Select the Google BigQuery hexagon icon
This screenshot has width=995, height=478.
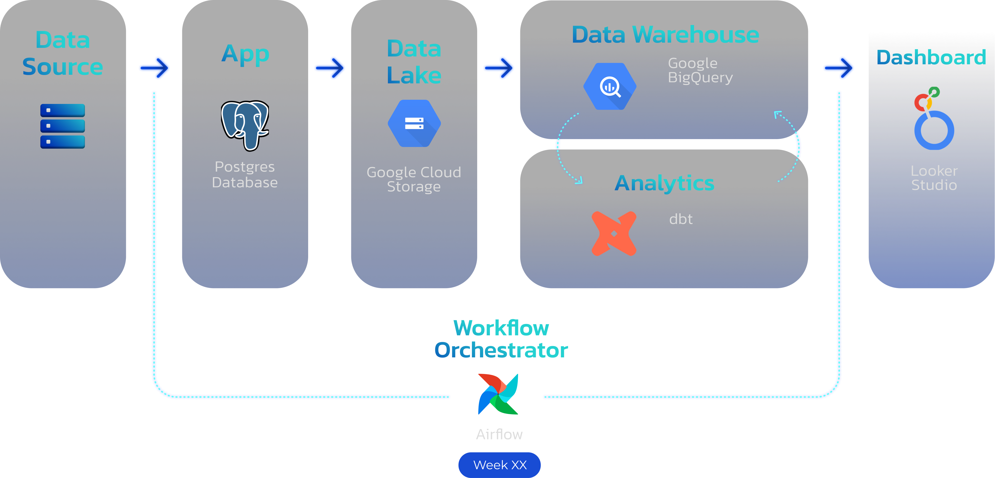[610, 86]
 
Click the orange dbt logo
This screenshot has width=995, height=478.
[614, 233]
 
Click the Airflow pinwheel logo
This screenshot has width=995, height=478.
[498, 394]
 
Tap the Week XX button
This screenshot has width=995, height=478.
[499, 465]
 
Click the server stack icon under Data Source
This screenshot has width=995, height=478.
[63, 126]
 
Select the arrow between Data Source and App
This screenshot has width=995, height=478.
[155, 68]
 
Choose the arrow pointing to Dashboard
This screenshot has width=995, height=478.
[839, 68]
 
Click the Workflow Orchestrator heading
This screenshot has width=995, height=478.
[501, 339]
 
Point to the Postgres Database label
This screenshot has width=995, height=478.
[245, 174]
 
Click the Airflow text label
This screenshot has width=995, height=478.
[499, 434]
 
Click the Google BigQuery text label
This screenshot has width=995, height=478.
[700, 70]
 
